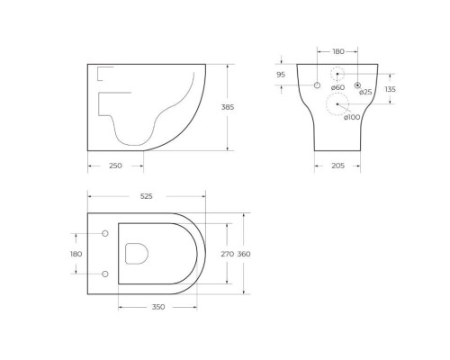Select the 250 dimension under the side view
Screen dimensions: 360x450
point(116,166)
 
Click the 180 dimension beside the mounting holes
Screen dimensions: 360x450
point(76,254)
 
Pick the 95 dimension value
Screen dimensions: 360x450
point(281,75)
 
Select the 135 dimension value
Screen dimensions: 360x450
point(390,89)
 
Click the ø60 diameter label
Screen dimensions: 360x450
point(337,88)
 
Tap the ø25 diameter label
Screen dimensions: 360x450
point(365,92)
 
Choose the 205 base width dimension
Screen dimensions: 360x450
point(338,166)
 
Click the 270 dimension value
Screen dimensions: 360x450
point(228,254)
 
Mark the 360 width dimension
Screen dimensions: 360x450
point(244,254)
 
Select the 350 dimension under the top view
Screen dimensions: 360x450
point(157,307)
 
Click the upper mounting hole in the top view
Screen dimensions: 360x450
point(105,234)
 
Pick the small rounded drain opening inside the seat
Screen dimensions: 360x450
point(137,254)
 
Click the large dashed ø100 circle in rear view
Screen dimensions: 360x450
point(337,104)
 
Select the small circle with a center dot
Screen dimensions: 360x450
point(357,85)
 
